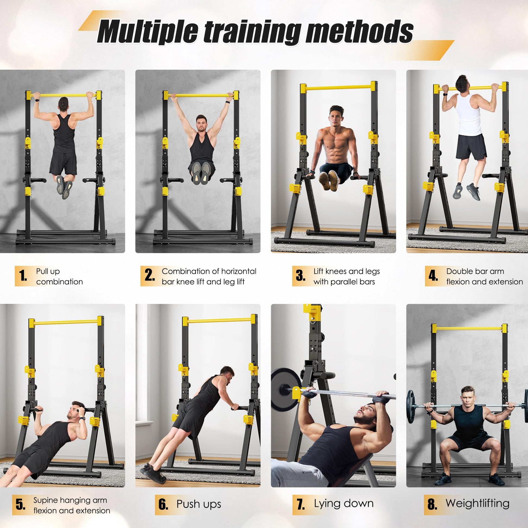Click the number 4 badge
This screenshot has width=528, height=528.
tap(433, 276)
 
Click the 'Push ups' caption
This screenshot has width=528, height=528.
tap(199, 504)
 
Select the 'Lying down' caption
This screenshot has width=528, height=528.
tap(343, 503)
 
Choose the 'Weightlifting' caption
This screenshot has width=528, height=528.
tap(478, 503)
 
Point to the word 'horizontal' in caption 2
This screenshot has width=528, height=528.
tap(238, 271)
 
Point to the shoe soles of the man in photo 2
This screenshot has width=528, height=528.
tap(201, 173)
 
